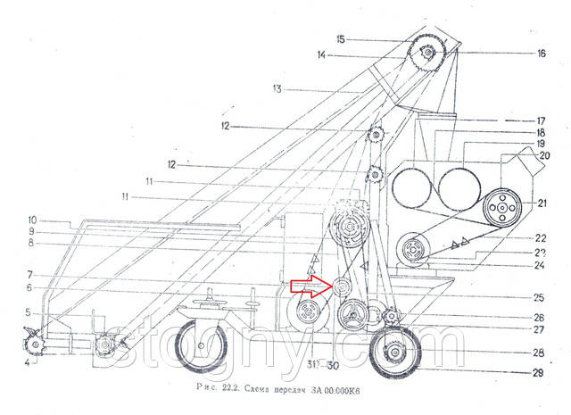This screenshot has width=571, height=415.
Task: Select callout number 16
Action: coord(541,54)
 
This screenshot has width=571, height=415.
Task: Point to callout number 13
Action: coord(277,88)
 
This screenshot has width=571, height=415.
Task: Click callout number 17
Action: coord(541,120)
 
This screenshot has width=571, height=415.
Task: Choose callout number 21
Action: coord(541,203)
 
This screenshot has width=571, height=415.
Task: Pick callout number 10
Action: coord(30,220)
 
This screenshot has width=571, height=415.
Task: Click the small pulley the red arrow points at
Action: coord(342,287)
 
